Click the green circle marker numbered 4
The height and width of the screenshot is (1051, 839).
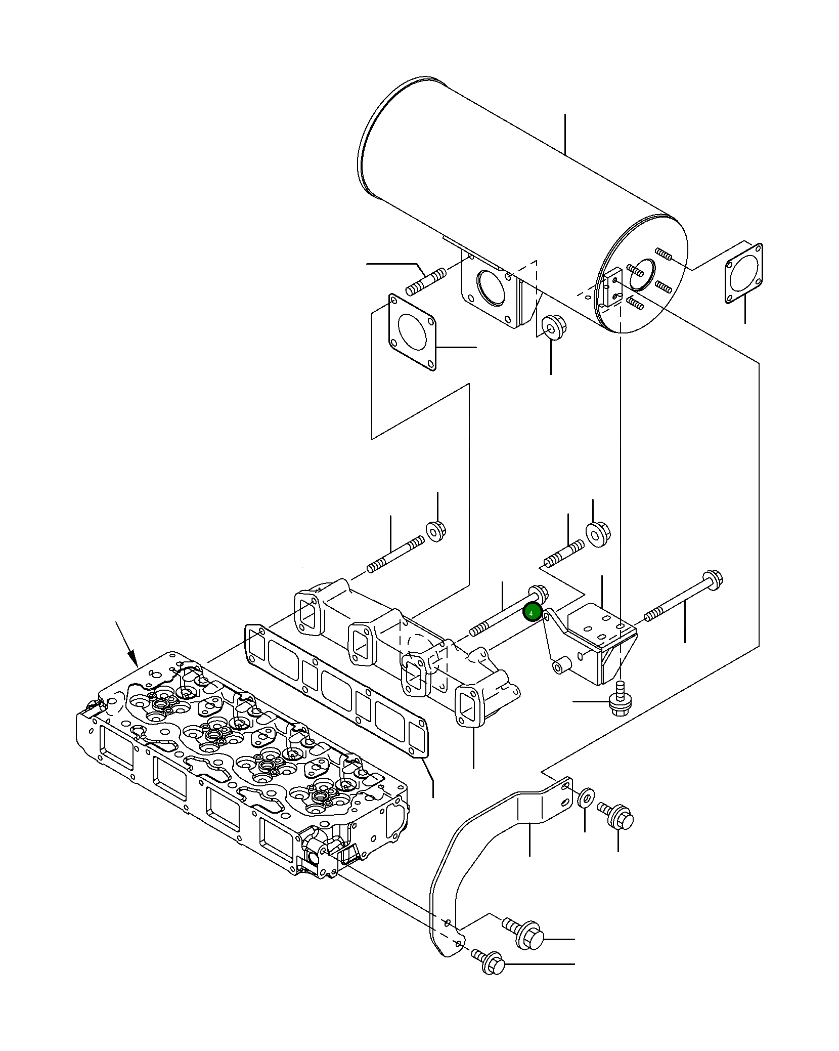(x=532, y=613)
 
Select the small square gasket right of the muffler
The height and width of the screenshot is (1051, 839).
(x=743, y=274)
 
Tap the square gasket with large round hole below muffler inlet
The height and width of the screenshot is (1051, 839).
(x=412, y=332)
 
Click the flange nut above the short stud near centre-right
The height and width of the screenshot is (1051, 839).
(x=598, y=535)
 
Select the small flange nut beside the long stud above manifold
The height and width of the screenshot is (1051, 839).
(x=435, y=531)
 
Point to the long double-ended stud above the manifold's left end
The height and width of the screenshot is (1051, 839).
(x=395, y=555)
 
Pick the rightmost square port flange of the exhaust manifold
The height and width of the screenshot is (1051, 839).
(x=470, y=706)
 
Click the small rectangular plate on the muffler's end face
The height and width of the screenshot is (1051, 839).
(x=611, y=287)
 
